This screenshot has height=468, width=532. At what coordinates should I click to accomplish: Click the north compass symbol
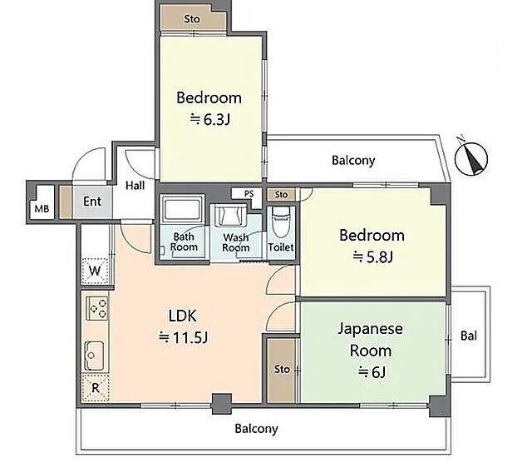[x=471, y=158]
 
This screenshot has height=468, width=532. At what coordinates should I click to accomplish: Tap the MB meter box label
[x=42, y=208]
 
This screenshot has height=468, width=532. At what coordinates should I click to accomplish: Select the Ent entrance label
[x=92, y=202]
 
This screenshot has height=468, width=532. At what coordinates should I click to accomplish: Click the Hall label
[x=135, y=186]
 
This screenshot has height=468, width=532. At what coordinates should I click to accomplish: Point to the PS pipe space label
[x=249, y=194]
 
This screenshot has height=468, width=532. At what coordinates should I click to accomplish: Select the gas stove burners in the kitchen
[x=97, y=308]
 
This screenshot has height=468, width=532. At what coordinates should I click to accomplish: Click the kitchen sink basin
[x=94, y=356]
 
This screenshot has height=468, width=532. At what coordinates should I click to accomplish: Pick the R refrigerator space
[x=96, y=388]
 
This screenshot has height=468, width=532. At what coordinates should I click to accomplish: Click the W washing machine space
[x=95, y=271]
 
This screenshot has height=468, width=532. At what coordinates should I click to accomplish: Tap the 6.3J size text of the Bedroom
[x=210, y=120]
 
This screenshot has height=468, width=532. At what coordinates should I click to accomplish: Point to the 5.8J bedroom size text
[x=373, y=257]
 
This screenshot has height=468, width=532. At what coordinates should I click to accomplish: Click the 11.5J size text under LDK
[x=184, y=337]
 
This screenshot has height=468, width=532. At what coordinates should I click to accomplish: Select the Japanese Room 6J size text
[x=372, y=372]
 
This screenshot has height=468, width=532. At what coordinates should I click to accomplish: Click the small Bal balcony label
[x=469, y=336]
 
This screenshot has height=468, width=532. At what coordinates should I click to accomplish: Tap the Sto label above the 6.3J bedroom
[x=192, y=19]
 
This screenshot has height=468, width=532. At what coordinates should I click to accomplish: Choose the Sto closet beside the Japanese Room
[x=282, y=370]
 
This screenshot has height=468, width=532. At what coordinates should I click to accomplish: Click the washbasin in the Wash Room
[x=231, y=215]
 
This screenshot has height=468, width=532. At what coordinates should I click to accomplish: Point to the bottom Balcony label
[x=257, y=429]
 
